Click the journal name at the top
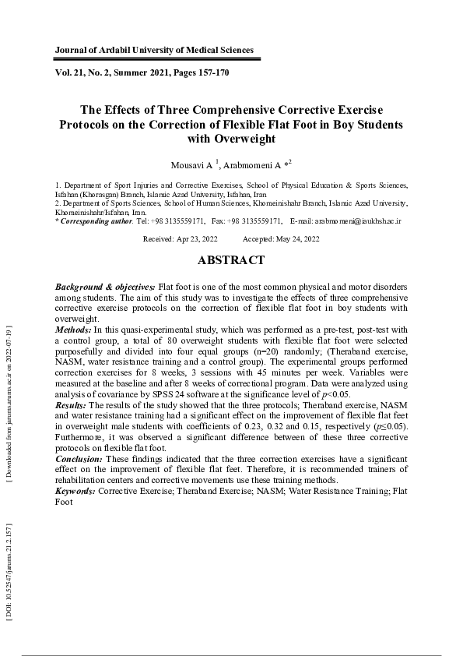(154, 50)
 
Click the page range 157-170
(205, 72)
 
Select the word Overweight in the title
(232, 139)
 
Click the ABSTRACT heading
(231, 260)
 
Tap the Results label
(72, 406)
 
